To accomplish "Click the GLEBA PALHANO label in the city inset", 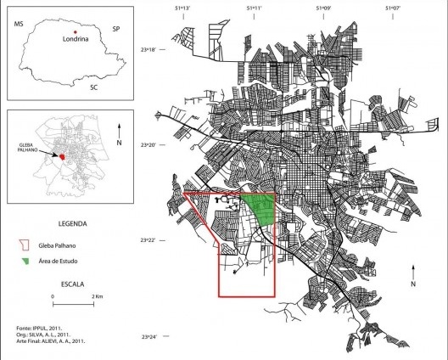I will pyautogui.click(x=30, y=149).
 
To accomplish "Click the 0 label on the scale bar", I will pyautogui.click(x=53, y=296).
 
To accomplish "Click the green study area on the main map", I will pyautogui.click(x=258, y=209).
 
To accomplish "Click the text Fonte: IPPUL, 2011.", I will pyautogui.click(x=40, y=327).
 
